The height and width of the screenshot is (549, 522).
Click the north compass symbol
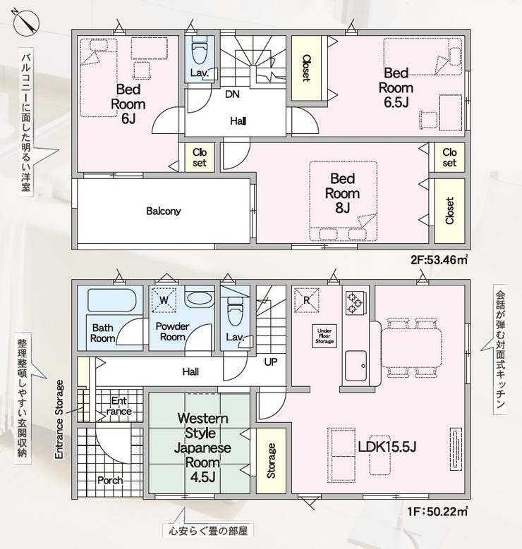26,22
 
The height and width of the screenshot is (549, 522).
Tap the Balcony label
164,211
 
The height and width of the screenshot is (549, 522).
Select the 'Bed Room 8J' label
343,193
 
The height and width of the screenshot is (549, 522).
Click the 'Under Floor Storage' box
324,336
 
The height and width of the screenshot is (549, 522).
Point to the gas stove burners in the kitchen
355,303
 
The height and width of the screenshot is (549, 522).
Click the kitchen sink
356,366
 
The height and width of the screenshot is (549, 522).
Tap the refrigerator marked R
307,300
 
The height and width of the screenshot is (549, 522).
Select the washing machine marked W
164,300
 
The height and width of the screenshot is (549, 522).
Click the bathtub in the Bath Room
111,300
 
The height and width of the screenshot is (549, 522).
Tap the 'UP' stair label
271,362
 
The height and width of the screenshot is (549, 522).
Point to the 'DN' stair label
232,94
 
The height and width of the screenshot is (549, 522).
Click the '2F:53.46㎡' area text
439,260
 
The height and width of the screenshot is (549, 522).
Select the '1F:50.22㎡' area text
437,512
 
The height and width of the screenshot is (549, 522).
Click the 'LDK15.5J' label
387,447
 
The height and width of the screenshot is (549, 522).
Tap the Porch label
110,480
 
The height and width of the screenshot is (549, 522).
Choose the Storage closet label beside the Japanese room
271,461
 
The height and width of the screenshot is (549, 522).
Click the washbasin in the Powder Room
199,299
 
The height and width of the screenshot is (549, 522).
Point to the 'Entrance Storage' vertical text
59,419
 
